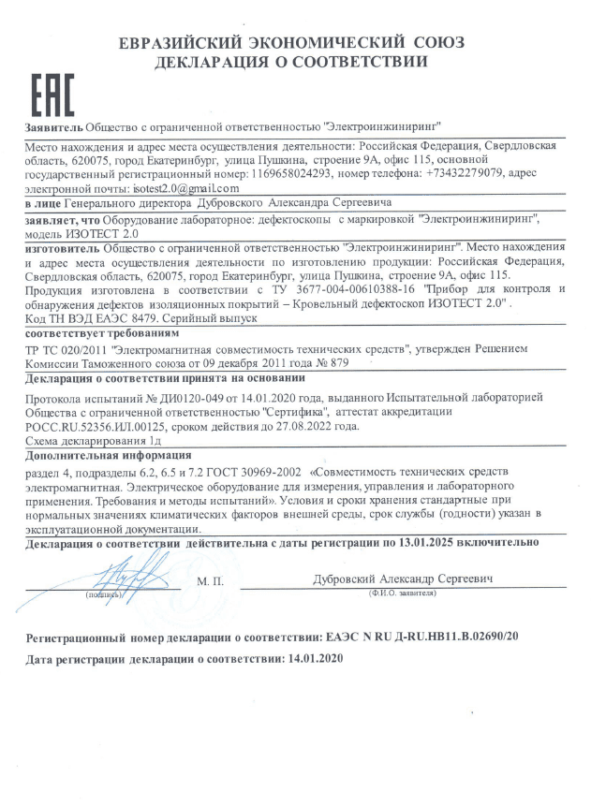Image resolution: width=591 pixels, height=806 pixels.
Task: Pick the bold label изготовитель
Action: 57,248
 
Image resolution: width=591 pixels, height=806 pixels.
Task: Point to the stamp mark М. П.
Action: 210,581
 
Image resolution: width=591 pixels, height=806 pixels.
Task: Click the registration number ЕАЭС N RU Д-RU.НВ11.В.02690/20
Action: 431,636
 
